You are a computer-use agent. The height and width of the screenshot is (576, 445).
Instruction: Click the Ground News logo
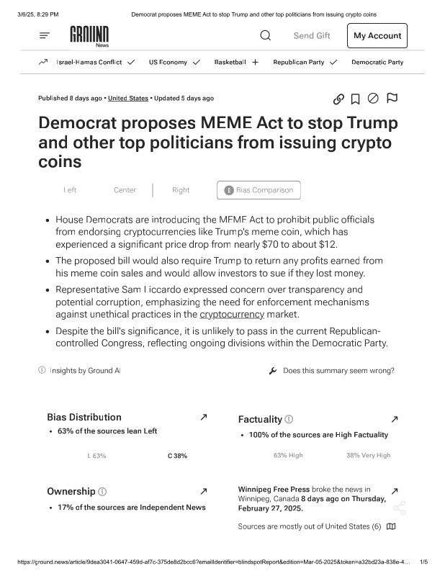click(89, 35)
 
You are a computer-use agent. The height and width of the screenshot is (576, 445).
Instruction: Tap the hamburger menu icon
click(45, 35)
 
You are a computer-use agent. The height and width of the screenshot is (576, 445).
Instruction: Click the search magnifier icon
click(265, 35)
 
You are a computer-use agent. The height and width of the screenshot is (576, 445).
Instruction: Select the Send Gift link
click(312, 36)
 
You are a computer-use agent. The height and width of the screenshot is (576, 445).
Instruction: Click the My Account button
click(377, 36)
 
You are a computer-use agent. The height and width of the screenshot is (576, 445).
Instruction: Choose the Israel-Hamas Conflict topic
click(89, 62)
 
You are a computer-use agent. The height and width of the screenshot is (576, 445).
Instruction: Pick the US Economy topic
click(168, 62)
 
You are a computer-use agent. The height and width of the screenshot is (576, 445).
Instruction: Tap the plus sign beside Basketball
click(255, 62)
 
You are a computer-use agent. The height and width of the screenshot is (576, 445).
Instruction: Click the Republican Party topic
click(299, 62)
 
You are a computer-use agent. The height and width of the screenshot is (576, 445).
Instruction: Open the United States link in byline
click(128, 98)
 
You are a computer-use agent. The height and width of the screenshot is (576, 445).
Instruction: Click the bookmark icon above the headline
click(355, 99)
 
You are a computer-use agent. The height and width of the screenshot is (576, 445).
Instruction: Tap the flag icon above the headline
click(392, 98)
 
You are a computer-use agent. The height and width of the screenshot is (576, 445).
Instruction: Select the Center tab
click(125, 190)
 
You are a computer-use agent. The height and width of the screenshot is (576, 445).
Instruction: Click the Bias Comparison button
click(259, 190)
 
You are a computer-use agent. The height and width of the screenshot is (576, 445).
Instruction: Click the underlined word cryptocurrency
click(233, 315)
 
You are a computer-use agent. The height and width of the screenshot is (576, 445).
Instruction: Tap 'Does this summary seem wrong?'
click(338, 371)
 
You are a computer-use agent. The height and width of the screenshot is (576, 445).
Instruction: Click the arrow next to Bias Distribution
click(204, 417)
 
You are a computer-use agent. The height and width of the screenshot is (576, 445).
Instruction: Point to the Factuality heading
click(260, 419)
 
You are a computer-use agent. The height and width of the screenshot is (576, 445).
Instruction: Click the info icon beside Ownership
click(102, 492)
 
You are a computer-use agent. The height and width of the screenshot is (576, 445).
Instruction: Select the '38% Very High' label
click(368, 455)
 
